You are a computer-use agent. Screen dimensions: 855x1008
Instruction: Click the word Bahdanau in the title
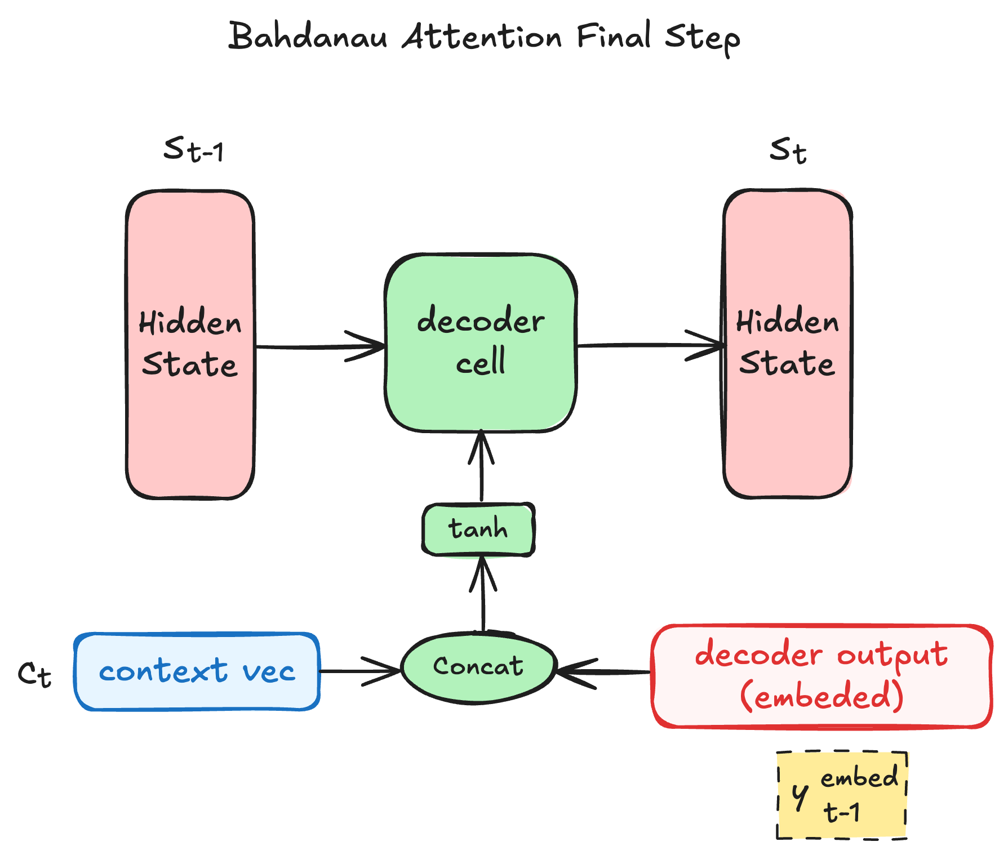308,37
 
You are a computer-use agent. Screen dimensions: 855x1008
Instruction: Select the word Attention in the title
482,37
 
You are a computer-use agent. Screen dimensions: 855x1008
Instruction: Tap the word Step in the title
702,38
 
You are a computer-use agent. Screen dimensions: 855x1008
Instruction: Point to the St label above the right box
788,150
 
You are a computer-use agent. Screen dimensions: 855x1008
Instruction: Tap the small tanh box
478,529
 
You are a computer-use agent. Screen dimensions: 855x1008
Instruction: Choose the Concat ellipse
478,667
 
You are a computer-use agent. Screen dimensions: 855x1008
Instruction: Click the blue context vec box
197,671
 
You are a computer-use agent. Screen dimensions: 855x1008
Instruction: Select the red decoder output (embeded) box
822,675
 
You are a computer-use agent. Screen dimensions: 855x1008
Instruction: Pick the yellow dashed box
842,795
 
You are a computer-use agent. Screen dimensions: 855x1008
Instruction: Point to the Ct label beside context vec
34,674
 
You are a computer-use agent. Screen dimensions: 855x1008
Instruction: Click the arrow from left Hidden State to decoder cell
316,346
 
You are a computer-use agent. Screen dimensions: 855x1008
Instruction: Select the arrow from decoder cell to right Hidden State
648,345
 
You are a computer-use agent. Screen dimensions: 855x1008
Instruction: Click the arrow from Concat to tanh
483,597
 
